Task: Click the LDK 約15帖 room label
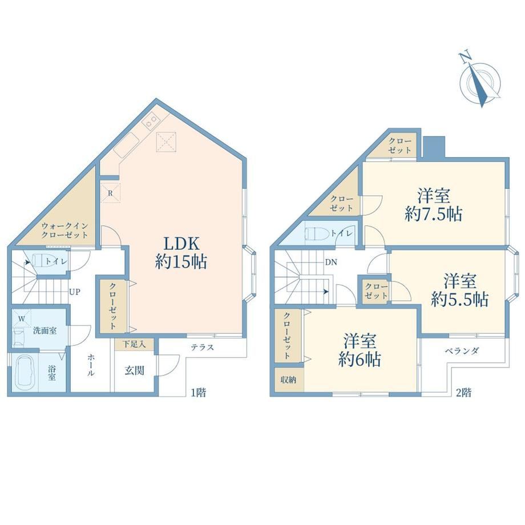click(x=180, y=252)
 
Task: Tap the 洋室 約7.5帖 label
click(x=433, y=205)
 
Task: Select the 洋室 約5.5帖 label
click(x=460, y=290)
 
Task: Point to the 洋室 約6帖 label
click(x=360, y=350)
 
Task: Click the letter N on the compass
click(x=465, y=58)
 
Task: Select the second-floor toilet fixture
click(x=317, y=233)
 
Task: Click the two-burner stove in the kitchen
click(x=150, y=121)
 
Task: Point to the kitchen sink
click(x=126, y=146)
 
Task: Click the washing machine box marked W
click(x=22, y=318)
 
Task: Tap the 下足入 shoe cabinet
click(x=134, y=345)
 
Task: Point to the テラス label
click(x=202, y=347)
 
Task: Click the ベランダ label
click(x=462, y=350)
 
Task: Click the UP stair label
click(x=74, y=292)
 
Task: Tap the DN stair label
click(x=331, y=262)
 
